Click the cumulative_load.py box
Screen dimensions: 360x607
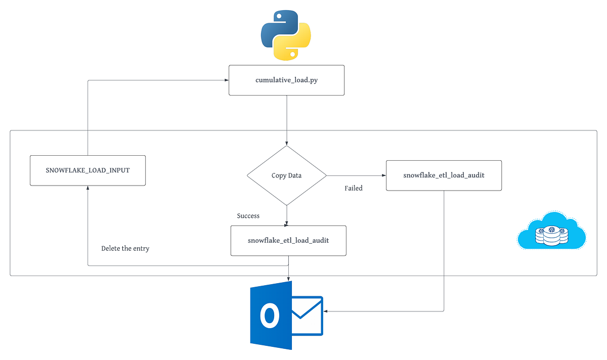coord(286,80)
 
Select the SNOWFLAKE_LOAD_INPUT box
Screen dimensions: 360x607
coord(88,170)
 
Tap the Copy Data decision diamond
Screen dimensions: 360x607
coord(286,175)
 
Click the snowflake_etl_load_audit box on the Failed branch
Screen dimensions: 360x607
coord(444,175)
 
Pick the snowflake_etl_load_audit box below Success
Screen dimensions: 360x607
coord(288,240)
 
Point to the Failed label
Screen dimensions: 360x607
coord(354,188)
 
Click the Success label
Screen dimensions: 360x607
coord(248,216)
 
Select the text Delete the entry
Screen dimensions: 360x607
coord(125,248)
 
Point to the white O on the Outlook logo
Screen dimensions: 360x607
coord(270,316)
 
